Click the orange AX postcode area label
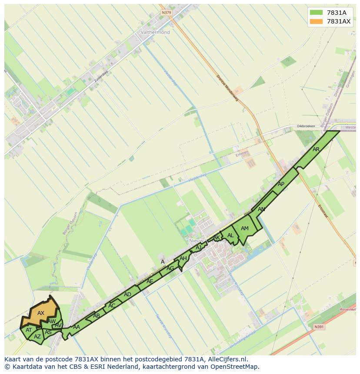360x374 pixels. click(41, 313)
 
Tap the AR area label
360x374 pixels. click(316, 149)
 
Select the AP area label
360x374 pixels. click(281, 184)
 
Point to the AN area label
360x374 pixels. click(261, 209)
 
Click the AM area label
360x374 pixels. click(245, 228)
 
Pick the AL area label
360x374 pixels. click(230, 235)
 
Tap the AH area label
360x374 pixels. click(183, 258)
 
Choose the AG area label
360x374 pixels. click(170, 268)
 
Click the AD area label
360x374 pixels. click(127, 295)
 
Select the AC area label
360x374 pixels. click(112, 305)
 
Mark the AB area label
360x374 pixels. click(97, 316)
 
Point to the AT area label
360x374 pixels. click(29, 330)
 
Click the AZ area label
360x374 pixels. click(37, 337)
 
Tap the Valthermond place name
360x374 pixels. click(155, 32)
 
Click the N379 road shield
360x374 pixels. click(166, 13)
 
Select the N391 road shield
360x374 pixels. click(319, 327)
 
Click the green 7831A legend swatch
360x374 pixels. click(316, 13)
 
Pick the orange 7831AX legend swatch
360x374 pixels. click(316, 21)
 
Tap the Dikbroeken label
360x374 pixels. click(306, 126)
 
